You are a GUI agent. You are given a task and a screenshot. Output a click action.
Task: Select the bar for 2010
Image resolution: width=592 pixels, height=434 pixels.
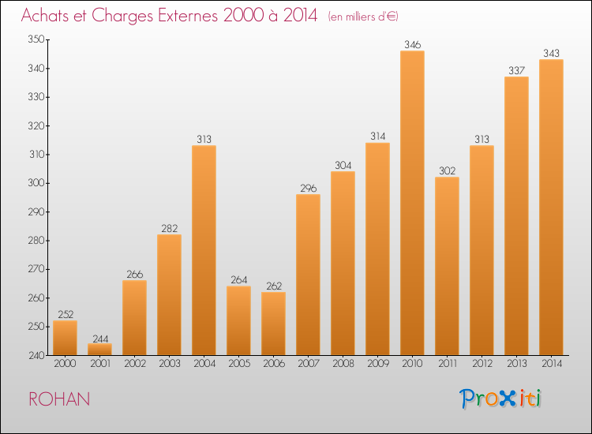(412, 203)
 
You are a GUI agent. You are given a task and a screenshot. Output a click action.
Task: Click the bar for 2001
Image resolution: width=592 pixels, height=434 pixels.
(99, 349)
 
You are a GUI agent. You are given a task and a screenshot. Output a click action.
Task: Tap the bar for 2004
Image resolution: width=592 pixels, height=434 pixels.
(204, 250)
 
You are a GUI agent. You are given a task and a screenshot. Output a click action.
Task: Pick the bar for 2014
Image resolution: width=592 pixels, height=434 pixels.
(551, 207)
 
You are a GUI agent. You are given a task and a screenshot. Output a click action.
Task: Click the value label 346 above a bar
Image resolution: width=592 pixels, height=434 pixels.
(412, 45)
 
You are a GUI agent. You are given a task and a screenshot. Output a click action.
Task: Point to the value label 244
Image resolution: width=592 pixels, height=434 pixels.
(99, 339)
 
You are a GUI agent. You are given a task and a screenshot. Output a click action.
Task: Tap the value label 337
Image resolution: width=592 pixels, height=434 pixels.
(516, 71)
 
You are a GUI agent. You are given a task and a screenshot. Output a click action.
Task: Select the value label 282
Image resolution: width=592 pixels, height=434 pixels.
(169, 229)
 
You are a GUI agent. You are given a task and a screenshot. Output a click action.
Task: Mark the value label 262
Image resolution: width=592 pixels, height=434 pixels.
(273, 286)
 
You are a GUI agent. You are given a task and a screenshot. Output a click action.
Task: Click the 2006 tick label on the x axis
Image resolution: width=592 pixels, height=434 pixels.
(273, 364)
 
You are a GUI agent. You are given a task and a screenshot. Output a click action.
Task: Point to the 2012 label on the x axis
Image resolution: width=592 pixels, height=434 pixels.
(481, 364)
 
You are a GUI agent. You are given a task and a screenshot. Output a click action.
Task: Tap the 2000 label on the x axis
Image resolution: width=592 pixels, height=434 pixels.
(65, 364)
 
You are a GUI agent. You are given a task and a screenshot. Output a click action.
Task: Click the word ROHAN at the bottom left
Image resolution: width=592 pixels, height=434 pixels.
(59, 399)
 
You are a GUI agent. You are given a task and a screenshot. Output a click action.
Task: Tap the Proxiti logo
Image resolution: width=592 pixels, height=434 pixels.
(501, 398)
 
